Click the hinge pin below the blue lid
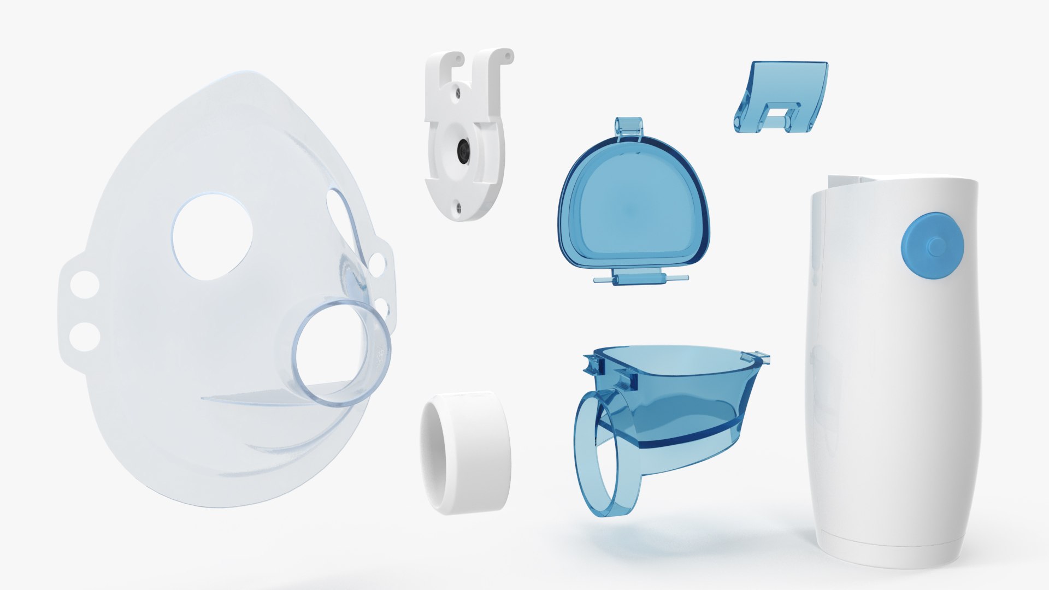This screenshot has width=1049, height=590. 640,280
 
